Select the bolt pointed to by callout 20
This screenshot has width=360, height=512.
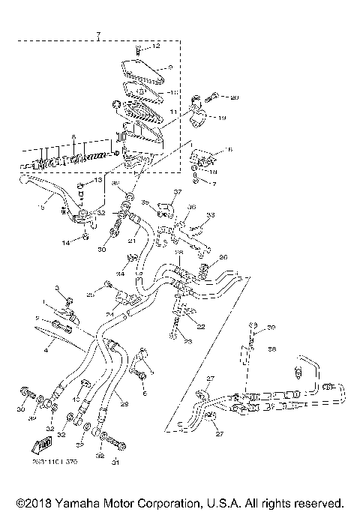(x=215, y=97)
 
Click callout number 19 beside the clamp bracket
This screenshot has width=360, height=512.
(x=222, y=118)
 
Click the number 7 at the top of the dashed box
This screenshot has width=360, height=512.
(x=97, y=34)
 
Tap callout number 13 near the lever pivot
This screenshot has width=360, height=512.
(x=98, y=181)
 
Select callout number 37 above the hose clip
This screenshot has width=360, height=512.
(x=177, y=192)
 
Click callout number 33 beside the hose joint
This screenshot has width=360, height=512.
(x=211, y=214)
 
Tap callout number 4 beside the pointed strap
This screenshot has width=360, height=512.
(x=46, y=349)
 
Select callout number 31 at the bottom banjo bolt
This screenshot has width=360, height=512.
(x=115, y=463)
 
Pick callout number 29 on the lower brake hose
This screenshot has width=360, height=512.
(x=124, y=405)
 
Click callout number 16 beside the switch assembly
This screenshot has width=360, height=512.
(x=229, y=151)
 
